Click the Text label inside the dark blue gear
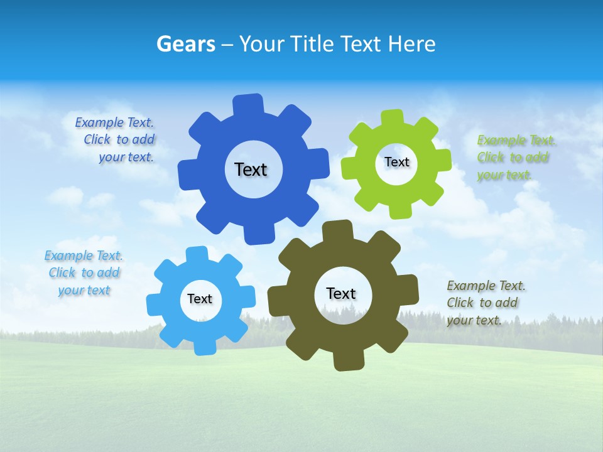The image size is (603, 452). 251,169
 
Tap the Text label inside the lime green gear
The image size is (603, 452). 396,162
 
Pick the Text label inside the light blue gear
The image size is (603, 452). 200,299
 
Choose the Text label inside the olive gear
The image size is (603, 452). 341,293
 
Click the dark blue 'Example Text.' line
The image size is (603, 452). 114,122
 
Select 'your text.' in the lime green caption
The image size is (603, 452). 504,175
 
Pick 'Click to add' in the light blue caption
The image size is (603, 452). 84,272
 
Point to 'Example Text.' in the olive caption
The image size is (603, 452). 486,286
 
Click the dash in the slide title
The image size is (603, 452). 228,44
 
